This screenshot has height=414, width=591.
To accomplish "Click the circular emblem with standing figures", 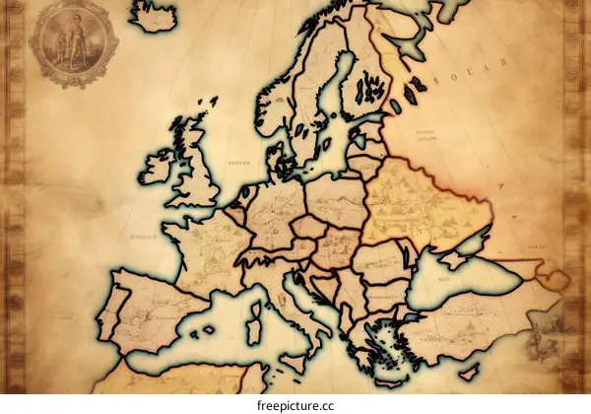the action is (73, 41).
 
